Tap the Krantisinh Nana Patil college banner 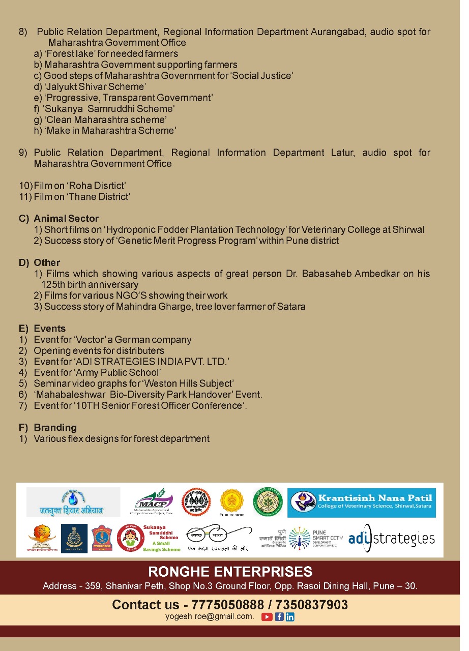tap(361, 502)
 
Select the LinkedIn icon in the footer tap(290, 617)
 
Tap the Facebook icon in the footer tap(279, 617)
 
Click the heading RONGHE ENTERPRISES tap(230, 571)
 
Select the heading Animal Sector tap(66, 219)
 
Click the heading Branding tap(55, 428)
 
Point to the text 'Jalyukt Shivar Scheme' tap(95, 86)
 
